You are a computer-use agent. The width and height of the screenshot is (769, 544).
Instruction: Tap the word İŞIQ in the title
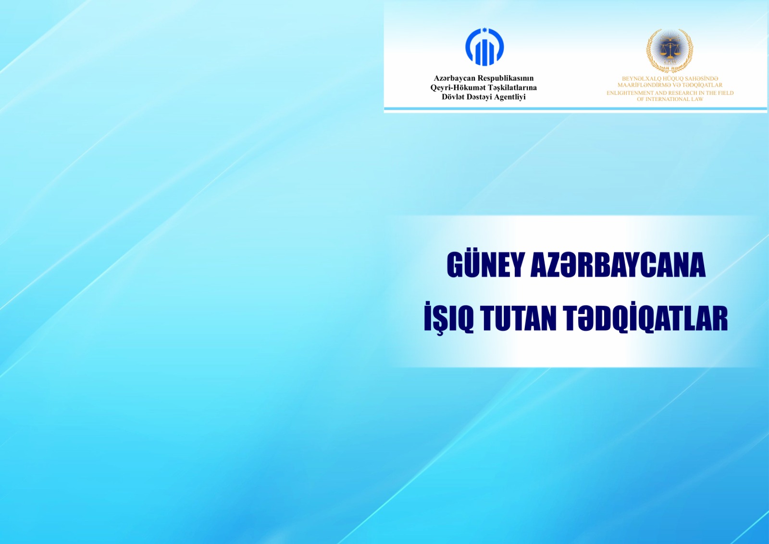tap(449, 317)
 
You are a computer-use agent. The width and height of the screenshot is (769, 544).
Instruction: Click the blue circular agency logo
tap(484, 47)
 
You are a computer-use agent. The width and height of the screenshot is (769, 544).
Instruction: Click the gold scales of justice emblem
tap(670, 51)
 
